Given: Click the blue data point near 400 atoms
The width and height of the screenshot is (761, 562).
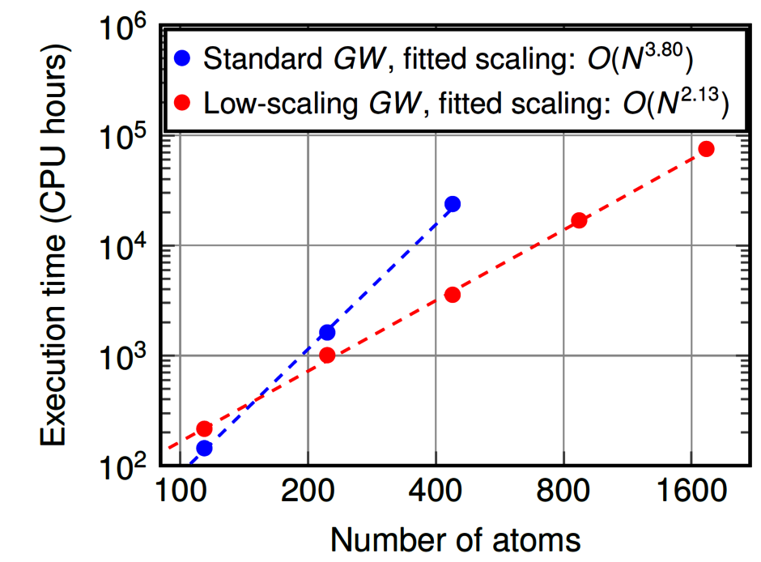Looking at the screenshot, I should point(453,204).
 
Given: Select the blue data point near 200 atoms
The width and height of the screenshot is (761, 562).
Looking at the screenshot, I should point(327,332).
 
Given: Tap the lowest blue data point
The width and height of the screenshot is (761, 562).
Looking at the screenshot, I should point(204,448).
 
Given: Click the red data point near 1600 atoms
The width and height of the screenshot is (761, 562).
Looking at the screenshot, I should point(706,149).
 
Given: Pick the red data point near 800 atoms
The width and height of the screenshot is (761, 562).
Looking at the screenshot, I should point(580,220).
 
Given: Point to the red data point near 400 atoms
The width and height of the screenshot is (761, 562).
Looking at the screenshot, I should point(453,295).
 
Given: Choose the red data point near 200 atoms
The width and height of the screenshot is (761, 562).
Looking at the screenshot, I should point(327,355).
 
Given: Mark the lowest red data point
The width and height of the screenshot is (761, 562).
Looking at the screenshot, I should point(204,428).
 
